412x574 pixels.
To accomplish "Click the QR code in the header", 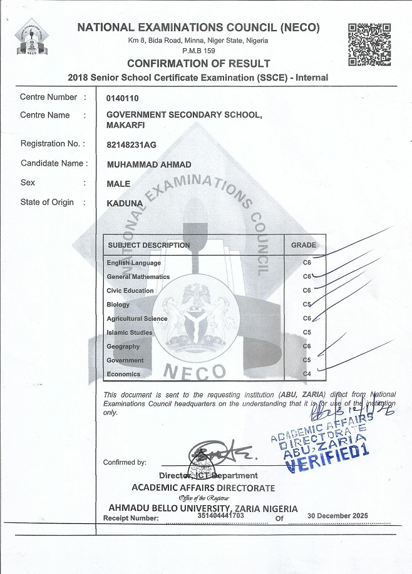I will tap(369, 44).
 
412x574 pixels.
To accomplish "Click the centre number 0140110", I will tap(123, 98).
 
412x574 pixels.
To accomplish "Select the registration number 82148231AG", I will tap(131, 144).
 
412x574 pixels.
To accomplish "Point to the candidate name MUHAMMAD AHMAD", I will tap(149, 164).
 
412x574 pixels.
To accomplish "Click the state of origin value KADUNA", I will tap(125, 203).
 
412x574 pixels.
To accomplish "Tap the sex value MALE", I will tap(118, 184).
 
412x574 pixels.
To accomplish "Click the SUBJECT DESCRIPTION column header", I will tap(148, 245).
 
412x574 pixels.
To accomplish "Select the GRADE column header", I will tap(304, 245).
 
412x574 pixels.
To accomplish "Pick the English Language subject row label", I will tap(133, 263).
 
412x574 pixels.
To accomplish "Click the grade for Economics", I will tap(307, 374).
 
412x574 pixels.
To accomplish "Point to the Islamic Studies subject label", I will tap(129, 333).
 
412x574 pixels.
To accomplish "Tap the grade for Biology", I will tap(307, 305).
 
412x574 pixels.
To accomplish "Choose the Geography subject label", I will tap(123, 346).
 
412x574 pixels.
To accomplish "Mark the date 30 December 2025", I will tap(337, 516).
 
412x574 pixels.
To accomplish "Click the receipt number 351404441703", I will tap(220, 516).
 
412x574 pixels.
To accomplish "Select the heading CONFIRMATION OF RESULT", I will tap(198, 64).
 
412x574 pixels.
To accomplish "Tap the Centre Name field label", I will tap(45, 115).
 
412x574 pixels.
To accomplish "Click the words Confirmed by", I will tap(125, 462).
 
